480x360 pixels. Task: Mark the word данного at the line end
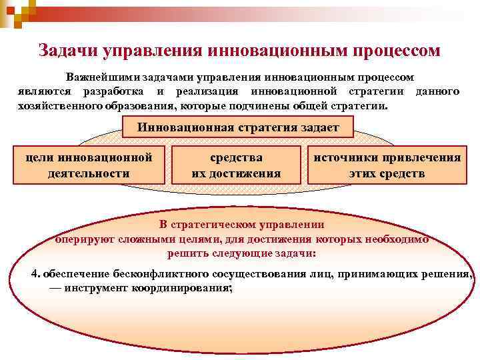pyautogui.click(x=437, y=91)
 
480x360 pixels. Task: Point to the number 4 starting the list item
pyautogui.click(x=35, y=275)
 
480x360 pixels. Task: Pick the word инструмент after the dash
pyautogui.click(x=96, y=288)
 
